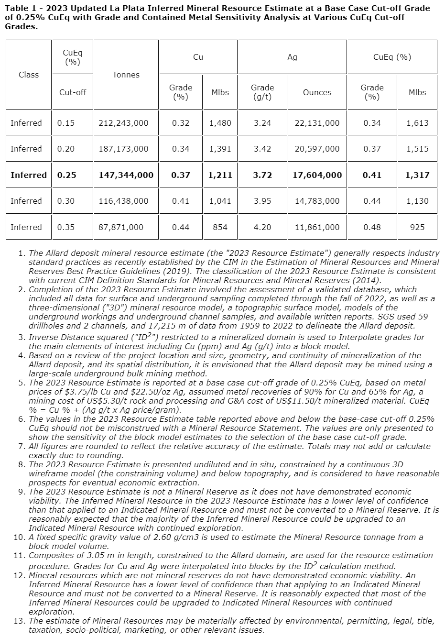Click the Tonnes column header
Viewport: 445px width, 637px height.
(126, 75)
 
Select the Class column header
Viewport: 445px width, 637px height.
(29, 75)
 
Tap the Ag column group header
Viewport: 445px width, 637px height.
(292, 57)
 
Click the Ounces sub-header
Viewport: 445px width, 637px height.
(317, 92)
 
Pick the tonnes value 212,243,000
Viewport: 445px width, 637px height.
(123, 123)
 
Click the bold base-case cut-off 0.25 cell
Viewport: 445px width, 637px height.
(67, 175)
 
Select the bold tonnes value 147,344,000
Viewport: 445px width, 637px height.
(126, 175)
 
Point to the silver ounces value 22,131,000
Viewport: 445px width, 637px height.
(317, 123)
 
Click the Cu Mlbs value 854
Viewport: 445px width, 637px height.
(220, 227)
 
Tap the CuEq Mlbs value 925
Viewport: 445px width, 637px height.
(417, 227)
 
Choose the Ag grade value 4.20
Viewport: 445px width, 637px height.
(262, 227)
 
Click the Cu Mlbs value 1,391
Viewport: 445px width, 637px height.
(220, 149)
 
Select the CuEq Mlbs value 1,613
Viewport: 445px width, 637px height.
(417, 123)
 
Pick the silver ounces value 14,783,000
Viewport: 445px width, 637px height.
(317, 201)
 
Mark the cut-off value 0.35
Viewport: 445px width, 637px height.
(66, 227)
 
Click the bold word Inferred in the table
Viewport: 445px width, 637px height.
(29, 175)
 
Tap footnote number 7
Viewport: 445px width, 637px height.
(22, 446)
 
